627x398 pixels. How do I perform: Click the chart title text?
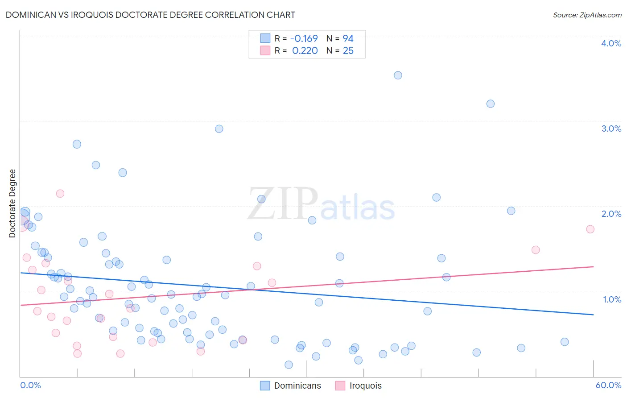(150, 15)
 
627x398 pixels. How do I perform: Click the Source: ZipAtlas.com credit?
(587, 15)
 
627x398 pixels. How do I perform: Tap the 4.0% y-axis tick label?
(611, 43)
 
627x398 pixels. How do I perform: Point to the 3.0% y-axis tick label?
(611, 129)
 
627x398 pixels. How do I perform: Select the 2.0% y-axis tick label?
(611, 214)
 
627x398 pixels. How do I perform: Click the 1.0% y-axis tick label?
(612, 299)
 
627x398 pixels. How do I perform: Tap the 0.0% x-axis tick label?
(30, 385)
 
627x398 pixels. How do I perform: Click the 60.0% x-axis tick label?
(608, 385)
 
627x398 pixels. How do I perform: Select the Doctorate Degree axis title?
(12, 203)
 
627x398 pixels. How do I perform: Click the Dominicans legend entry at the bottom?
(297, 386)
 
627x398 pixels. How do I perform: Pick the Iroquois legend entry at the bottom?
(365, 386)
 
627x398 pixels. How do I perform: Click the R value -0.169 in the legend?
(304, 39)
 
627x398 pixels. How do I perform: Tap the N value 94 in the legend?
(348, 39)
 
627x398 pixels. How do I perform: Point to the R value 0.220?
(305, 51)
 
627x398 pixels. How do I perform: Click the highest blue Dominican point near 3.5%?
(398, 75)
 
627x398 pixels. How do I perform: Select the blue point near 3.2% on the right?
(490, 104)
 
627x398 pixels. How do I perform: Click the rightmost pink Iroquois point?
(590, 229)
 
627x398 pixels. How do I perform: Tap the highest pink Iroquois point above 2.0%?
(60, 194)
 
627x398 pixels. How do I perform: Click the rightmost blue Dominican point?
(565, 342)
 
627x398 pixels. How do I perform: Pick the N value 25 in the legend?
(348, 51)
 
